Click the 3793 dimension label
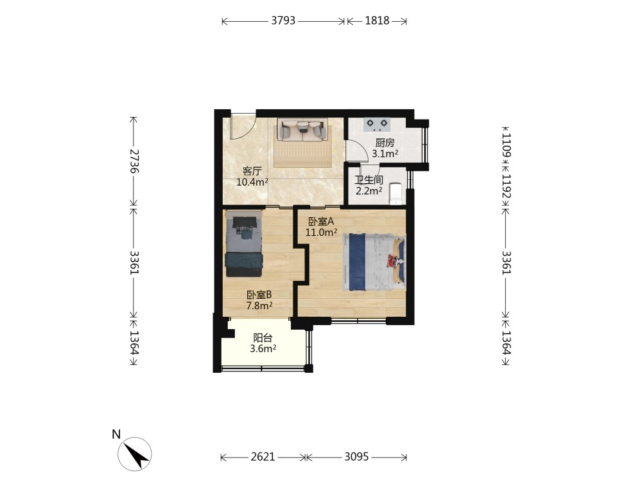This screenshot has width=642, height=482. pos(283,21)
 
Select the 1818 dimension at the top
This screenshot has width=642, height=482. pos(377,21)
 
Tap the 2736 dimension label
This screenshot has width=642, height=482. pos(134,161)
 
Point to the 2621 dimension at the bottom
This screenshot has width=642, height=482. pos(263,456)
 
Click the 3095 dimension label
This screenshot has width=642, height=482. pos(356,456)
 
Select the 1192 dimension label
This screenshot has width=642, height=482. pos(507,186)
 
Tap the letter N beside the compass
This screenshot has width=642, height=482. pos(116,434)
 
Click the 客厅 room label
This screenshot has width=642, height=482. pos(252,171)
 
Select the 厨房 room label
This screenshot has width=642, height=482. pos(385,143)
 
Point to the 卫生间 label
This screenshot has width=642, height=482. pos(369,180)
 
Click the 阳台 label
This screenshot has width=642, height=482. pos(263,338)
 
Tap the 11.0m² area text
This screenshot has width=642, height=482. pos(322,233)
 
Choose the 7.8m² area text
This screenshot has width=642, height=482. pos(259,305)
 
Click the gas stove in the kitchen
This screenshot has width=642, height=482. pos(377,124)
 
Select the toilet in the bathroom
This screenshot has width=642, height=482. pos(396,193)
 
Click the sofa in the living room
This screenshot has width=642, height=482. pos(302,130)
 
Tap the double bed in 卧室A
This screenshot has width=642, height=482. pos(374,262)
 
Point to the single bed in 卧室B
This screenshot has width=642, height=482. pos(243,244)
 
